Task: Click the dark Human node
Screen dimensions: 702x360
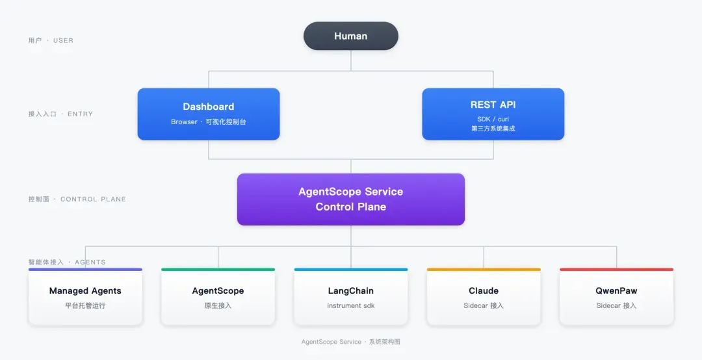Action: point(350,36)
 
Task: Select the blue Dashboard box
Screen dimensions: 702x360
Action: point(209,114)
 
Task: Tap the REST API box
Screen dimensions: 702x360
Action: point(493,114)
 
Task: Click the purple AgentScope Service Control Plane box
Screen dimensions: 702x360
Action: point(351,199)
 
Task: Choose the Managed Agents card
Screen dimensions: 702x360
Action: point(85,297)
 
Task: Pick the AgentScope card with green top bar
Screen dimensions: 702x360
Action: point(218,297)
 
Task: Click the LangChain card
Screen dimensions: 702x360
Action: point(351,297)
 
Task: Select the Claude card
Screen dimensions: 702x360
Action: point(484,297)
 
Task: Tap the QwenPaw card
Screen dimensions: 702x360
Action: point(616,297)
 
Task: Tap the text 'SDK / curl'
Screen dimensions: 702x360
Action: point(493,119)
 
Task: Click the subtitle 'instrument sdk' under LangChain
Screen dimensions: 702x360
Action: point(351,306)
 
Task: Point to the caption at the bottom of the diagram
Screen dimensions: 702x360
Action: point(351,342)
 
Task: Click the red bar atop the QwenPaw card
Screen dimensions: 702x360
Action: point(616,270)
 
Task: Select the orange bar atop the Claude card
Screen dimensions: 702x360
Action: point(484,270)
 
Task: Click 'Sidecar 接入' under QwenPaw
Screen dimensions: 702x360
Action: point(616,306)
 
